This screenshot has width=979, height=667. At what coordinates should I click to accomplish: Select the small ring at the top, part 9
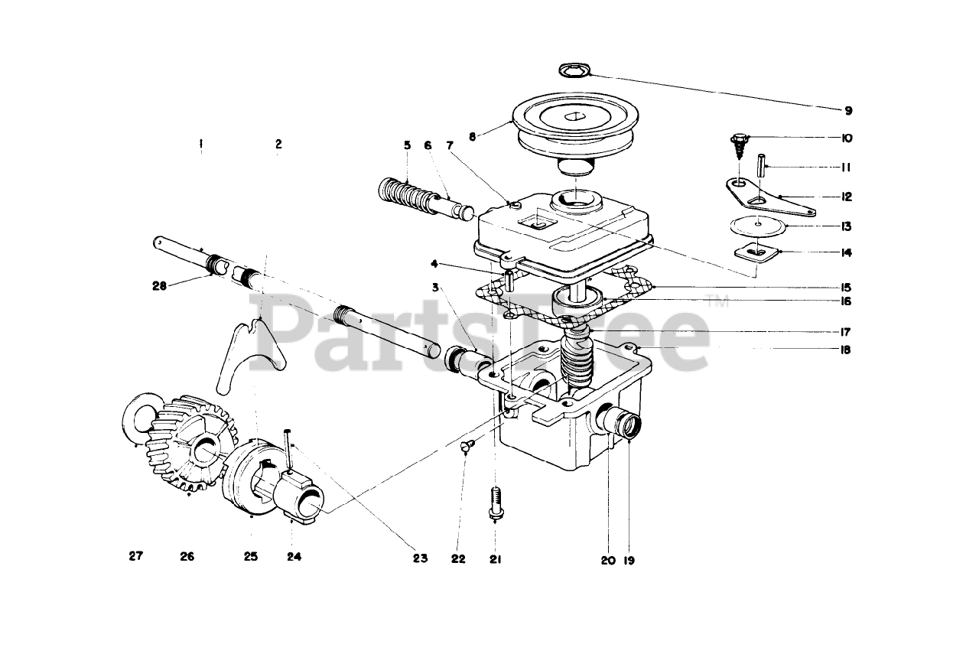click(571, 71)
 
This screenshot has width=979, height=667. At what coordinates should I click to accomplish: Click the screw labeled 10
click(740, 143)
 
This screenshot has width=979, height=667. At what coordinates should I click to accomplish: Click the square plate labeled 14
click(756, 251)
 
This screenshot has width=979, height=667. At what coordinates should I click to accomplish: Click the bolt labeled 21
click(496, 503)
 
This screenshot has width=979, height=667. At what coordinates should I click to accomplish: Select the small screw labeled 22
click(468, 444)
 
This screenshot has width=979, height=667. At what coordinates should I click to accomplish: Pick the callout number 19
click(629, 560)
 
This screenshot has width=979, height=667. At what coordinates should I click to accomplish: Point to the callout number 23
click(419, 558)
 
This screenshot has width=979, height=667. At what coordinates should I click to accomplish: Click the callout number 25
click(251, 557)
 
